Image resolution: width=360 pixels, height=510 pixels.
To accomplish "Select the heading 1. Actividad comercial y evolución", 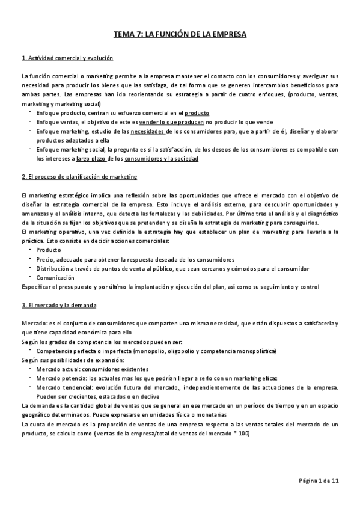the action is tap(67, 58).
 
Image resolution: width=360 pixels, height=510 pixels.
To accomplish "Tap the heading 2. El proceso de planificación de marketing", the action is tap(79, 177).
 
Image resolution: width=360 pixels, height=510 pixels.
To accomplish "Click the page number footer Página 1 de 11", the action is tap(319, 481).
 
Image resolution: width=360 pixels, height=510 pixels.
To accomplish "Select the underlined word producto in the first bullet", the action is tap(197, 112).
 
